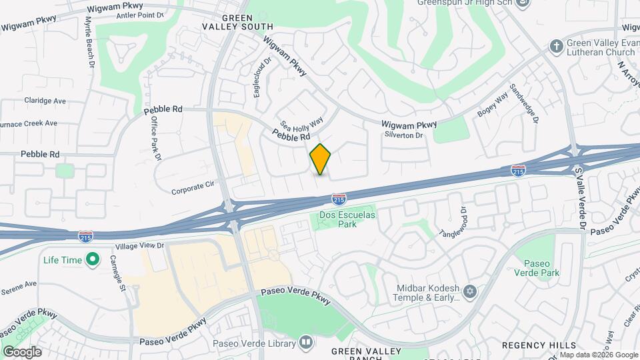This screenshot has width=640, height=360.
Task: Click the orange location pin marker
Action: point(321,159)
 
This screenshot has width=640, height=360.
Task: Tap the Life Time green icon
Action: point(93,259)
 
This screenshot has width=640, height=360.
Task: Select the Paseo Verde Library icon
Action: point(305,342)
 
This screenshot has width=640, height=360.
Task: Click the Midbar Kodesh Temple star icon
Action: point(471,292)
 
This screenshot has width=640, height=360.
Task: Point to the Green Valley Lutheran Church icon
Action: point(556,46)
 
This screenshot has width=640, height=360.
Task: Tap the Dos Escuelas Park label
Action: point(347,219)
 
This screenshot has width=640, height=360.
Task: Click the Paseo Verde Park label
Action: point(541,268)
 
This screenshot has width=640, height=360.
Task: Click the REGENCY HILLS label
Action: point(539,345)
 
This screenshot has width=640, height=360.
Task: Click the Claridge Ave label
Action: point(45,101)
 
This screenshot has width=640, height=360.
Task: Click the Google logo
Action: point(22,351)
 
